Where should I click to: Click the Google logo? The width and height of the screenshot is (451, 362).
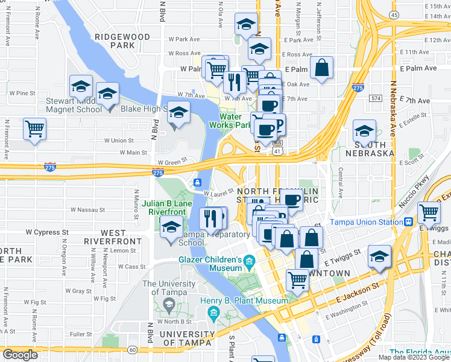pos(21,355)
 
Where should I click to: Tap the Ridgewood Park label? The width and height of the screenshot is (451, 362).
pos(122,41)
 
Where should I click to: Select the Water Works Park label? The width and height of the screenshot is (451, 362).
pos(230,121)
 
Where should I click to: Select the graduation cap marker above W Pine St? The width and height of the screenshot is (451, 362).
pos(81,87)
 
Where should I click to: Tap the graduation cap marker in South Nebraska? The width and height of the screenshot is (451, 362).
pos(364,131)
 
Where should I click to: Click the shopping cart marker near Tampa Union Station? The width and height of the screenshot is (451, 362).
pos(429,212)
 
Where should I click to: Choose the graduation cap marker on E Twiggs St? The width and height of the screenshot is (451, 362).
pos(379,257)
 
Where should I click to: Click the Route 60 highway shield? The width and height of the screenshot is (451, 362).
pos(132,349)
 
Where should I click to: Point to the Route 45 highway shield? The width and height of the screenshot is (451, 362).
pos(394,14)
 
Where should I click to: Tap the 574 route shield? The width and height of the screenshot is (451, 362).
pos(377,98)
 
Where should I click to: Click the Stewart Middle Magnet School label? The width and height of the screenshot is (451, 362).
pos(74,106)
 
